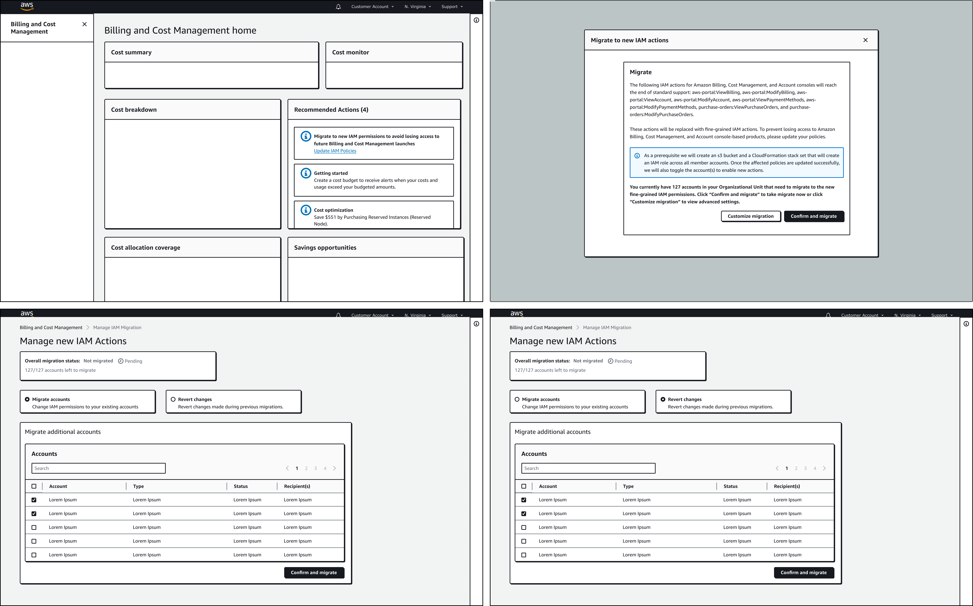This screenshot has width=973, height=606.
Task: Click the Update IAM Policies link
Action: tap(335, 151)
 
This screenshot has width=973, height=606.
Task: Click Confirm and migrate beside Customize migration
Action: tap(814, 216)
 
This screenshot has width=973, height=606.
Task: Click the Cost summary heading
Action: tap(131, 52)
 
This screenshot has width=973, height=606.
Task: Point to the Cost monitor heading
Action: tap(350, 52)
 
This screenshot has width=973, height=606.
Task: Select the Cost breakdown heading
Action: tap(134, 109)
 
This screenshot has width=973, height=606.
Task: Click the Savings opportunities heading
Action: tap(325, 247)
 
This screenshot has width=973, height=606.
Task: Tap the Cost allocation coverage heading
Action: tap(146, 247)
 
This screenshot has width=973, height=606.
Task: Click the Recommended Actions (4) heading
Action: tap(331, 109)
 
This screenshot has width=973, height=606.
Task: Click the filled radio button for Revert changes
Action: tap(663, 399)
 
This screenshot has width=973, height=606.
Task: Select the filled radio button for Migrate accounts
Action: tap(27, 399)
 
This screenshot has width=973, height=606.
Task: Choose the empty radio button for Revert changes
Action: tap(173, 399)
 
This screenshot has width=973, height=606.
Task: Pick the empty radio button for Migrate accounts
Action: tap(517, 399)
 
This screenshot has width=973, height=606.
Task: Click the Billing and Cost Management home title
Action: tap(180, 30)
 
